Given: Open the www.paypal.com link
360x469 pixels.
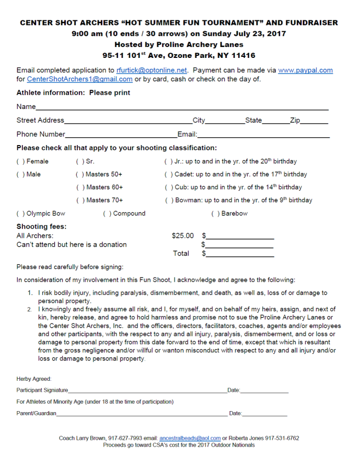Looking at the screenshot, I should tap(305, 70).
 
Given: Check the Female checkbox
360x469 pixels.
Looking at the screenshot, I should tap(20, 162).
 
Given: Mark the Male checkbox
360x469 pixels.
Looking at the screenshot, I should tap(20, 175).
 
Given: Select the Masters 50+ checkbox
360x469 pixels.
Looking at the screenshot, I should tap(80, 175).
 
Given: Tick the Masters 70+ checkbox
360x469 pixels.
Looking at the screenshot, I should tap(80, 200).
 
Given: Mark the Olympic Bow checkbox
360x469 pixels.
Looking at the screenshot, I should tap(20, 213).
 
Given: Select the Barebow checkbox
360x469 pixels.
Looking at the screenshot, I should tap(215, 213).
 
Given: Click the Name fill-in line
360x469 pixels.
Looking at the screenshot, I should tap(182, 109).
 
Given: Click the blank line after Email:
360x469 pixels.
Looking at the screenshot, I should tap(263, 136).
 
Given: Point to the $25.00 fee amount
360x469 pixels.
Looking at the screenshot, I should tap(183, 236).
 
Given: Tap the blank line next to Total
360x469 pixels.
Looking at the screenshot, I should tap(240, 255).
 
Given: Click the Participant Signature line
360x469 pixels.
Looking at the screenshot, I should tap(147, 391).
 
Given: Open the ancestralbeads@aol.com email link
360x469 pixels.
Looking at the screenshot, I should tap(190, 438).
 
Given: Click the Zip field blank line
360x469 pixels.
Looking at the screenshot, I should tap(314, 122).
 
